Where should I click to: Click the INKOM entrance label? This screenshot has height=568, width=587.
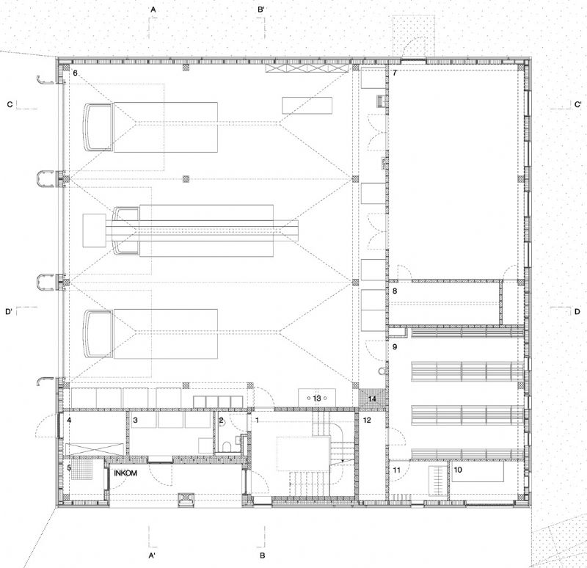coord(125,473)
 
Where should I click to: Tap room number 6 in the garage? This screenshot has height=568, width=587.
coord(76,73)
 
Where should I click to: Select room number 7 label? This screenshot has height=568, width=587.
coord(395,73)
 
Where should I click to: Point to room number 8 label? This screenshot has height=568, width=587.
coord(395,291)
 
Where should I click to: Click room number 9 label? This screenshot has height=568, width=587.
coord(395,346)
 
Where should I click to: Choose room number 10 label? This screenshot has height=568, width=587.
coord(458,470)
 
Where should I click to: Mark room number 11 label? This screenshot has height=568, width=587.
coord(396,470)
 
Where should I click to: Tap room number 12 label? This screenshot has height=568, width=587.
coord(367,420)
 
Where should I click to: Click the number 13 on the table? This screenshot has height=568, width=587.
coord(317,398)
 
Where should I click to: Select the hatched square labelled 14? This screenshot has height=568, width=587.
coord(372,398)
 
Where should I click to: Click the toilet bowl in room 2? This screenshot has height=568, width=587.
coord(227,446)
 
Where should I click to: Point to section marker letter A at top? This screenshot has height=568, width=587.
coord(153,10)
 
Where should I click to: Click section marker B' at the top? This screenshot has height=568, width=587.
coord(261,10)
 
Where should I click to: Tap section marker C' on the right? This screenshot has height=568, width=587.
coord(578,104)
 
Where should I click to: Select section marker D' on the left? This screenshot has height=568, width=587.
coord(9,312)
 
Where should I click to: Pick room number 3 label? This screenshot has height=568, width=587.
coord(135,420)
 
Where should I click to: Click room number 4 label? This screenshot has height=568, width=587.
coord(69,420)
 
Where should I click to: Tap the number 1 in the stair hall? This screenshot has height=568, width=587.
coord(258,420)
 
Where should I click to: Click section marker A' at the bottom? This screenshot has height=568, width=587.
coord(153,556)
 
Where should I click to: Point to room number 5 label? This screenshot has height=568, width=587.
coord(69,467)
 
